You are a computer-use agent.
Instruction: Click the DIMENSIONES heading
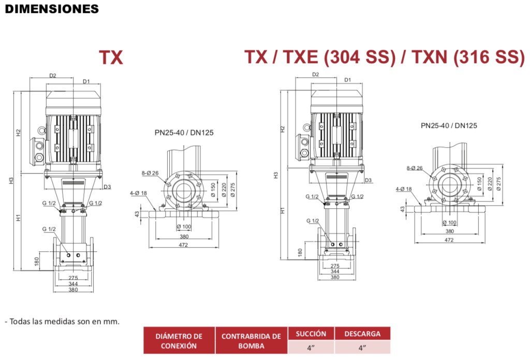tap(52, 9)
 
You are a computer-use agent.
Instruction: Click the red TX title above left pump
tap(111, 57)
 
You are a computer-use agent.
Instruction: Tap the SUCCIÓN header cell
tap(311, 334)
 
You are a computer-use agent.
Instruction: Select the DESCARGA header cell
tap(362, 334)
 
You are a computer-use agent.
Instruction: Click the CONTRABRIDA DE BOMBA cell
tap(251, 340)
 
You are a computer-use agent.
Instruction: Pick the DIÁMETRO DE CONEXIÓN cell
tap(179, 340)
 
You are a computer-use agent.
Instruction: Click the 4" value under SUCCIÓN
tap(311, 348)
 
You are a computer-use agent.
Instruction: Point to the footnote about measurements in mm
tap(63, 321)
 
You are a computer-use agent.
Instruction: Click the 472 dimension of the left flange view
tap(183, 244)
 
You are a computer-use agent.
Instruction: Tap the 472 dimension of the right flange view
tap(449, 240)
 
